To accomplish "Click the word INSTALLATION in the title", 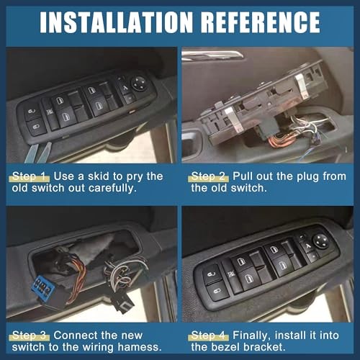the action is (x=116, y=22).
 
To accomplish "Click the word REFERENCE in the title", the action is (x=261, y=22).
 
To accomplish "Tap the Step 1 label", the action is (x=29, y=176).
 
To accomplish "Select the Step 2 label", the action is (x=208, y=176).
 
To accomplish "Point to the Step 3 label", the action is (x=29, y=336).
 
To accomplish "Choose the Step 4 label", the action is (x=208, y=336).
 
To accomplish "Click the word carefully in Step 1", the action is (x=112, y=189).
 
